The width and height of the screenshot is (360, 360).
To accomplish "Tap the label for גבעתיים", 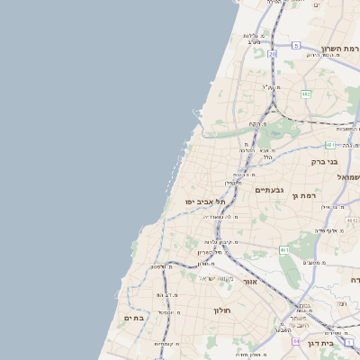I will point(269,191).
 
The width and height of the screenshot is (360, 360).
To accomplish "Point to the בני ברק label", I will point(325,162).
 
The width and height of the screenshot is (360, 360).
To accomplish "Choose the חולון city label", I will point(222,310).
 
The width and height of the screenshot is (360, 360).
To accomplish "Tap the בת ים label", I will point(134,317).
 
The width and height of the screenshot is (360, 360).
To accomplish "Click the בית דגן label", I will point(339,343).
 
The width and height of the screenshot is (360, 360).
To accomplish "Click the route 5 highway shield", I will point(295,44).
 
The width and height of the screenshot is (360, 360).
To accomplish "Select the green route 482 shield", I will point(306,93).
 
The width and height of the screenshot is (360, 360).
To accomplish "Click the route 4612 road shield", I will point(352,220).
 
